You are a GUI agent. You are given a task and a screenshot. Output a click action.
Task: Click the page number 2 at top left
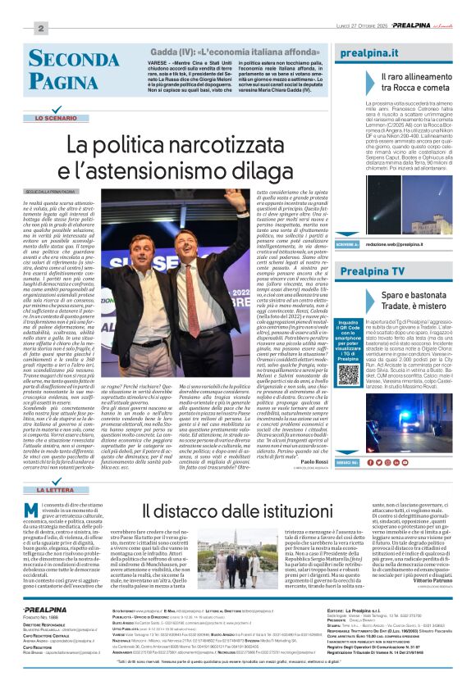pyautogui.click(x=39, y=28)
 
